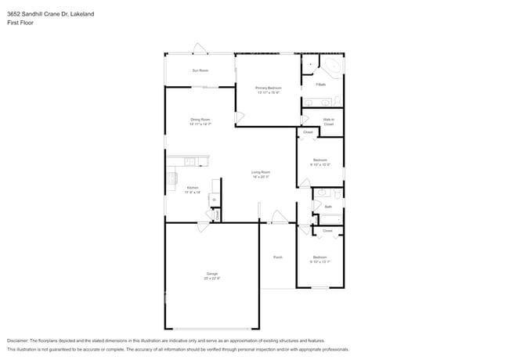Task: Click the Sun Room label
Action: click(x=200, y=70)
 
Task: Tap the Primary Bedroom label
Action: click(x=269, y=88)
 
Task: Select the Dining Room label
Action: click(x=200, y=120)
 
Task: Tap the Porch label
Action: click(x=277, y=257)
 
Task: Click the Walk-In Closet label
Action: click(x=329, y=121)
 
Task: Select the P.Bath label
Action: click(x=320, y=84)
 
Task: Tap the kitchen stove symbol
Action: click(x=171, y=182)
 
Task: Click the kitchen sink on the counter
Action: click(x=190, y=162)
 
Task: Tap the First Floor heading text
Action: click(x=21, y=23)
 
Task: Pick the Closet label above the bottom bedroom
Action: click(x=327, y=231)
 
